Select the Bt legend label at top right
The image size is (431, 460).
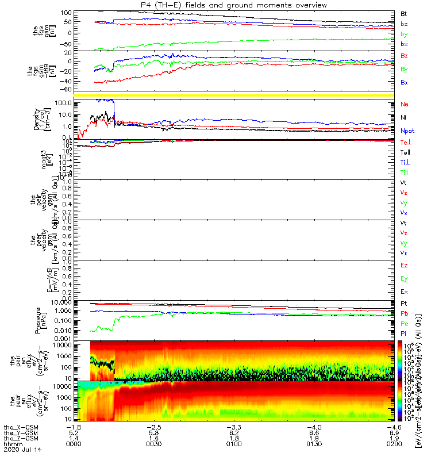[404, 13]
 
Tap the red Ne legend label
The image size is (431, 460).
[405, 104]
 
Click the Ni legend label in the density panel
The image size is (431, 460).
[404, 117]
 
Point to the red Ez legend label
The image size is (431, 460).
[405, 265]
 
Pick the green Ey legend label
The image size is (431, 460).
[405, 278]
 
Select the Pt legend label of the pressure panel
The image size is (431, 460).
[404, 303]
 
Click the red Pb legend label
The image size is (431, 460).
[405, 313]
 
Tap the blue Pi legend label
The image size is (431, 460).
[404, 333]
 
